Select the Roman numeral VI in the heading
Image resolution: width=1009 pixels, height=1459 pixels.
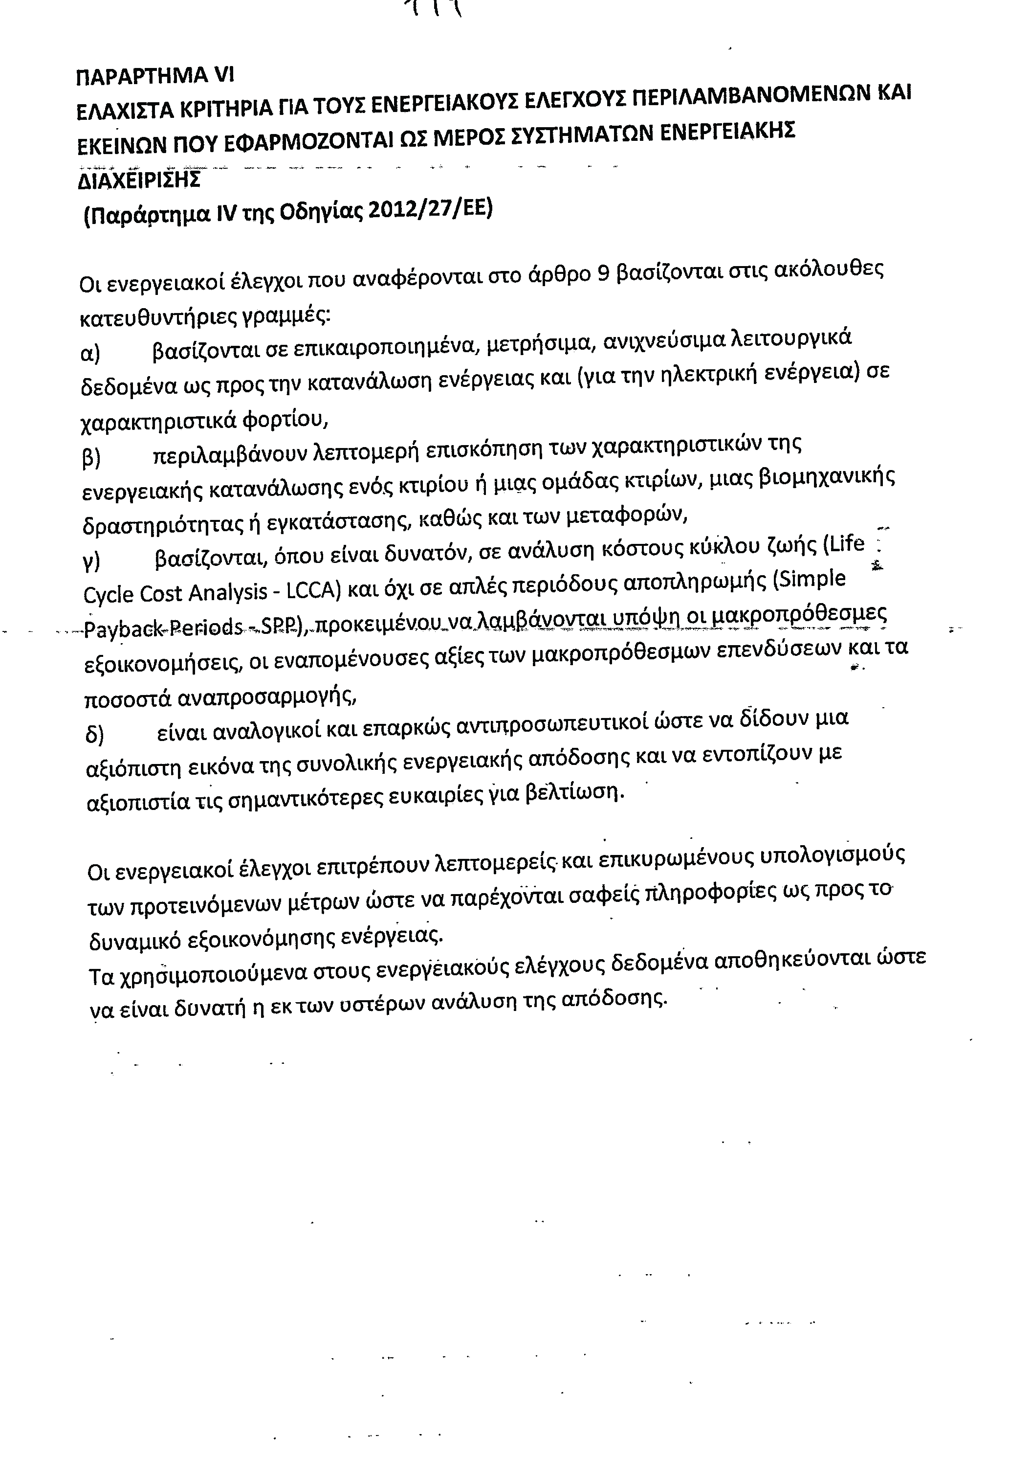tap(224, 75)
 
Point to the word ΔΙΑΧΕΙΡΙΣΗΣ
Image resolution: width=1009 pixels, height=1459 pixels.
tap(138, 180)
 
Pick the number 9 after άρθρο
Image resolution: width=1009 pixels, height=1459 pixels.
tap(602, 274)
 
